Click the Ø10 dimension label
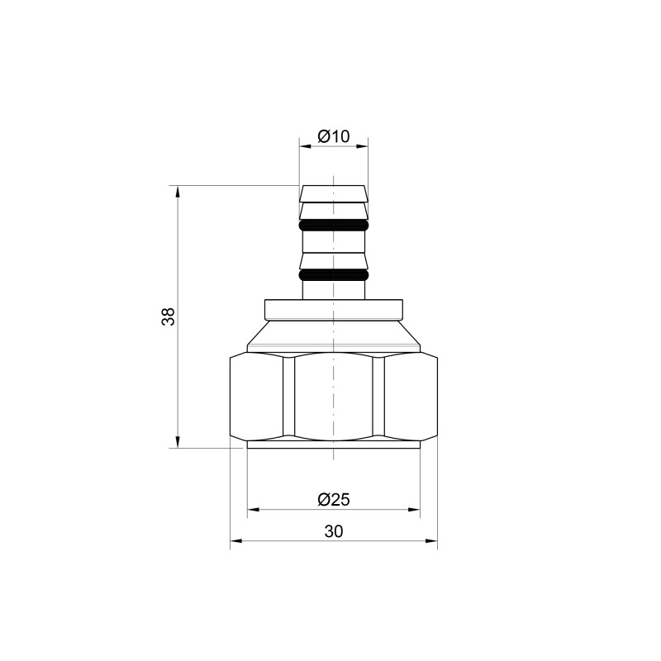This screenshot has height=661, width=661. pos(333,136)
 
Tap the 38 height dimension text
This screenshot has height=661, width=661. pos(168,316)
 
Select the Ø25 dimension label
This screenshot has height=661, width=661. pos(333,499)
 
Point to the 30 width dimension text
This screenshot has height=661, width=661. pos(333,531)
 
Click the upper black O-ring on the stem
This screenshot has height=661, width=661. pos(333,225)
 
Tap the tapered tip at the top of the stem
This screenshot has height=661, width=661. pos(333,193)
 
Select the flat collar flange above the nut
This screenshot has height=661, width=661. pos(333,309)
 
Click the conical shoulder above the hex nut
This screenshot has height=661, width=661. pos(333,335)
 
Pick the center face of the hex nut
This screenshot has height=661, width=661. pos(333,397)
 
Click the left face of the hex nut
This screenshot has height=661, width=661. pos(257,397)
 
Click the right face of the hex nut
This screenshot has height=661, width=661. pos(405,397)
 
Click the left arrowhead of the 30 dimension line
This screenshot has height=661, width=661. pos(235,542)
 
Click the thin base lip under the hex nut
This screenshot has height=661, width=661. pos(333,445)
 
